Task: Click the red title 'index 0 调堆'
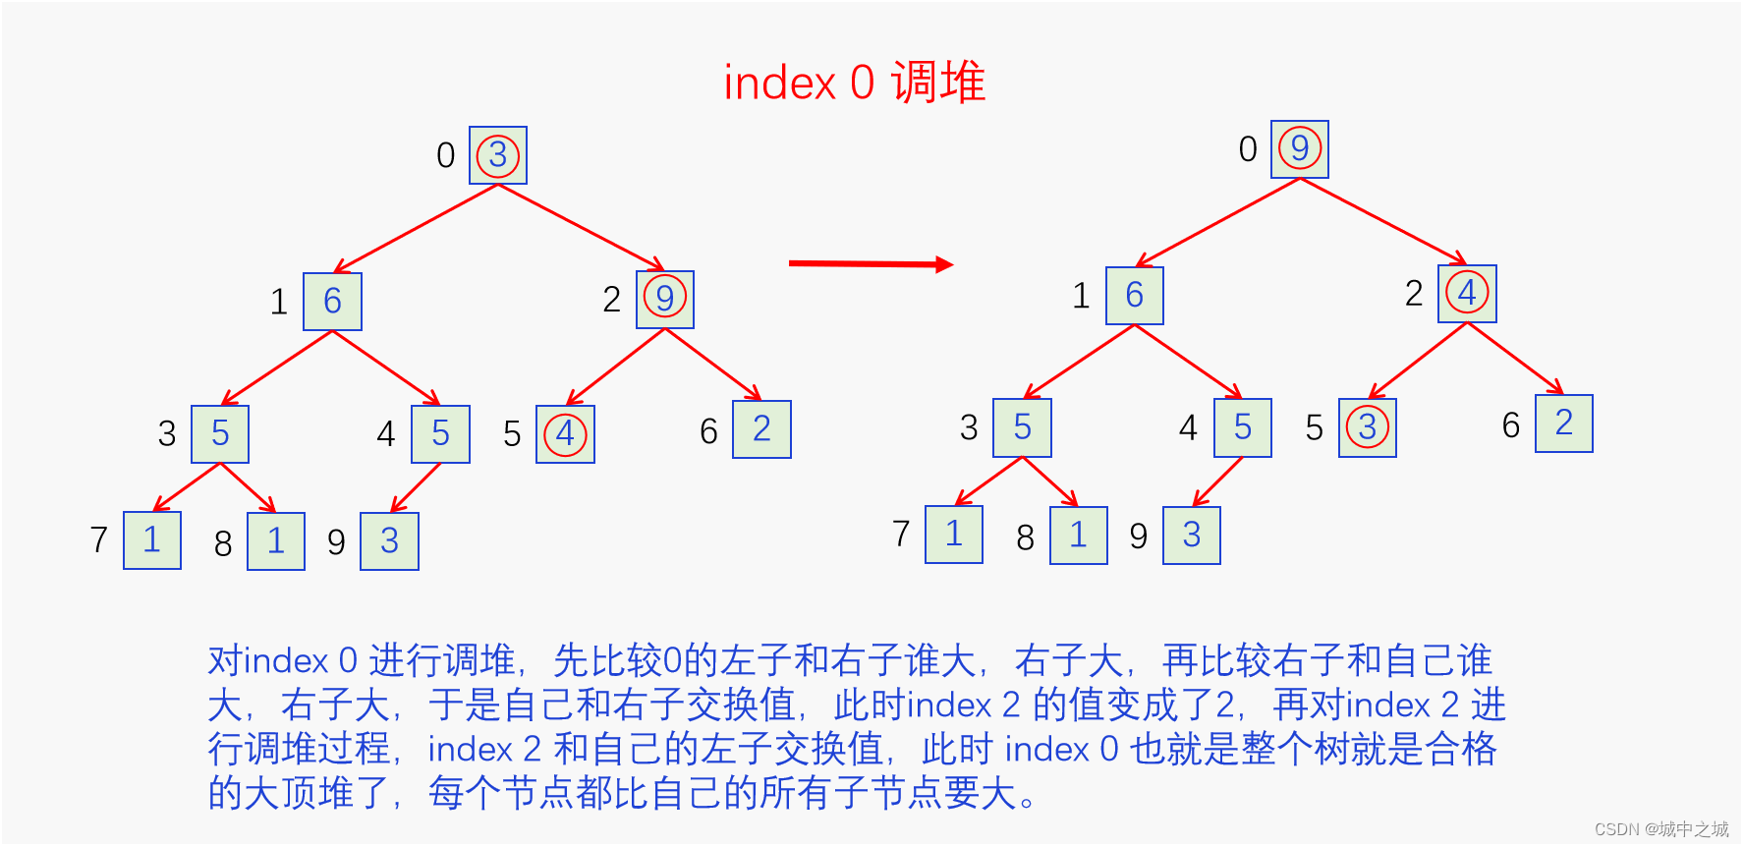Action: pos(854,83)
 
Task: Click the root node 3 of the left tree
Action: pos(498,155)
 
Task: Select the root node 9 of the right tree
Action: pos(1299,149)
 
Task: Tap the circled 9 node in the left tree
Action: pos(665,299)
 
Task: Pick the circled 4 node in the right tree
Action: pos(1467,293)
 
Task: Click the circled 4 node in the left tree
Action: pos(565,434)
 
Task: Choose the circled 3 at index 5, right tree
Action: pos(1367,427)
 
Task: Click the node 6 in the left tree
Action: pos(332,302)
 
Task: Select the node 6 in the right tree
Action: pos(1134,296)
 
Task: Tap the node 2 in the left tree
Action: pos(761,429)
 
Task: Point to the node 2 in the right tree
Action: pos(1563,423)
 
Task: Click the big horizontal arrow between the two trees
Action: pos(871,263)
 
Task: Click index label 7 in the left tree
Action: pos(98,539)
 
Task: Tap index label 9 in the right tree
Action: pos(1138,536)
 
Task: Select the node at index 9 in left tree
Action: pos(389,541)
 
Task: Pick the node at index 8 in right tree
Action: pos(1078,536)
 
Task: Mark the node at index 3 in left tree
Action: pos(220,434)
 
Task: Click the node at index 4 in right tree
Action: pos(1242,428)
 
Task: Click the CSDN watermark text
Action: pos(1660,829)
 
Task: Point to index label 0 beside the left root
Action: pos(445,155)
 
